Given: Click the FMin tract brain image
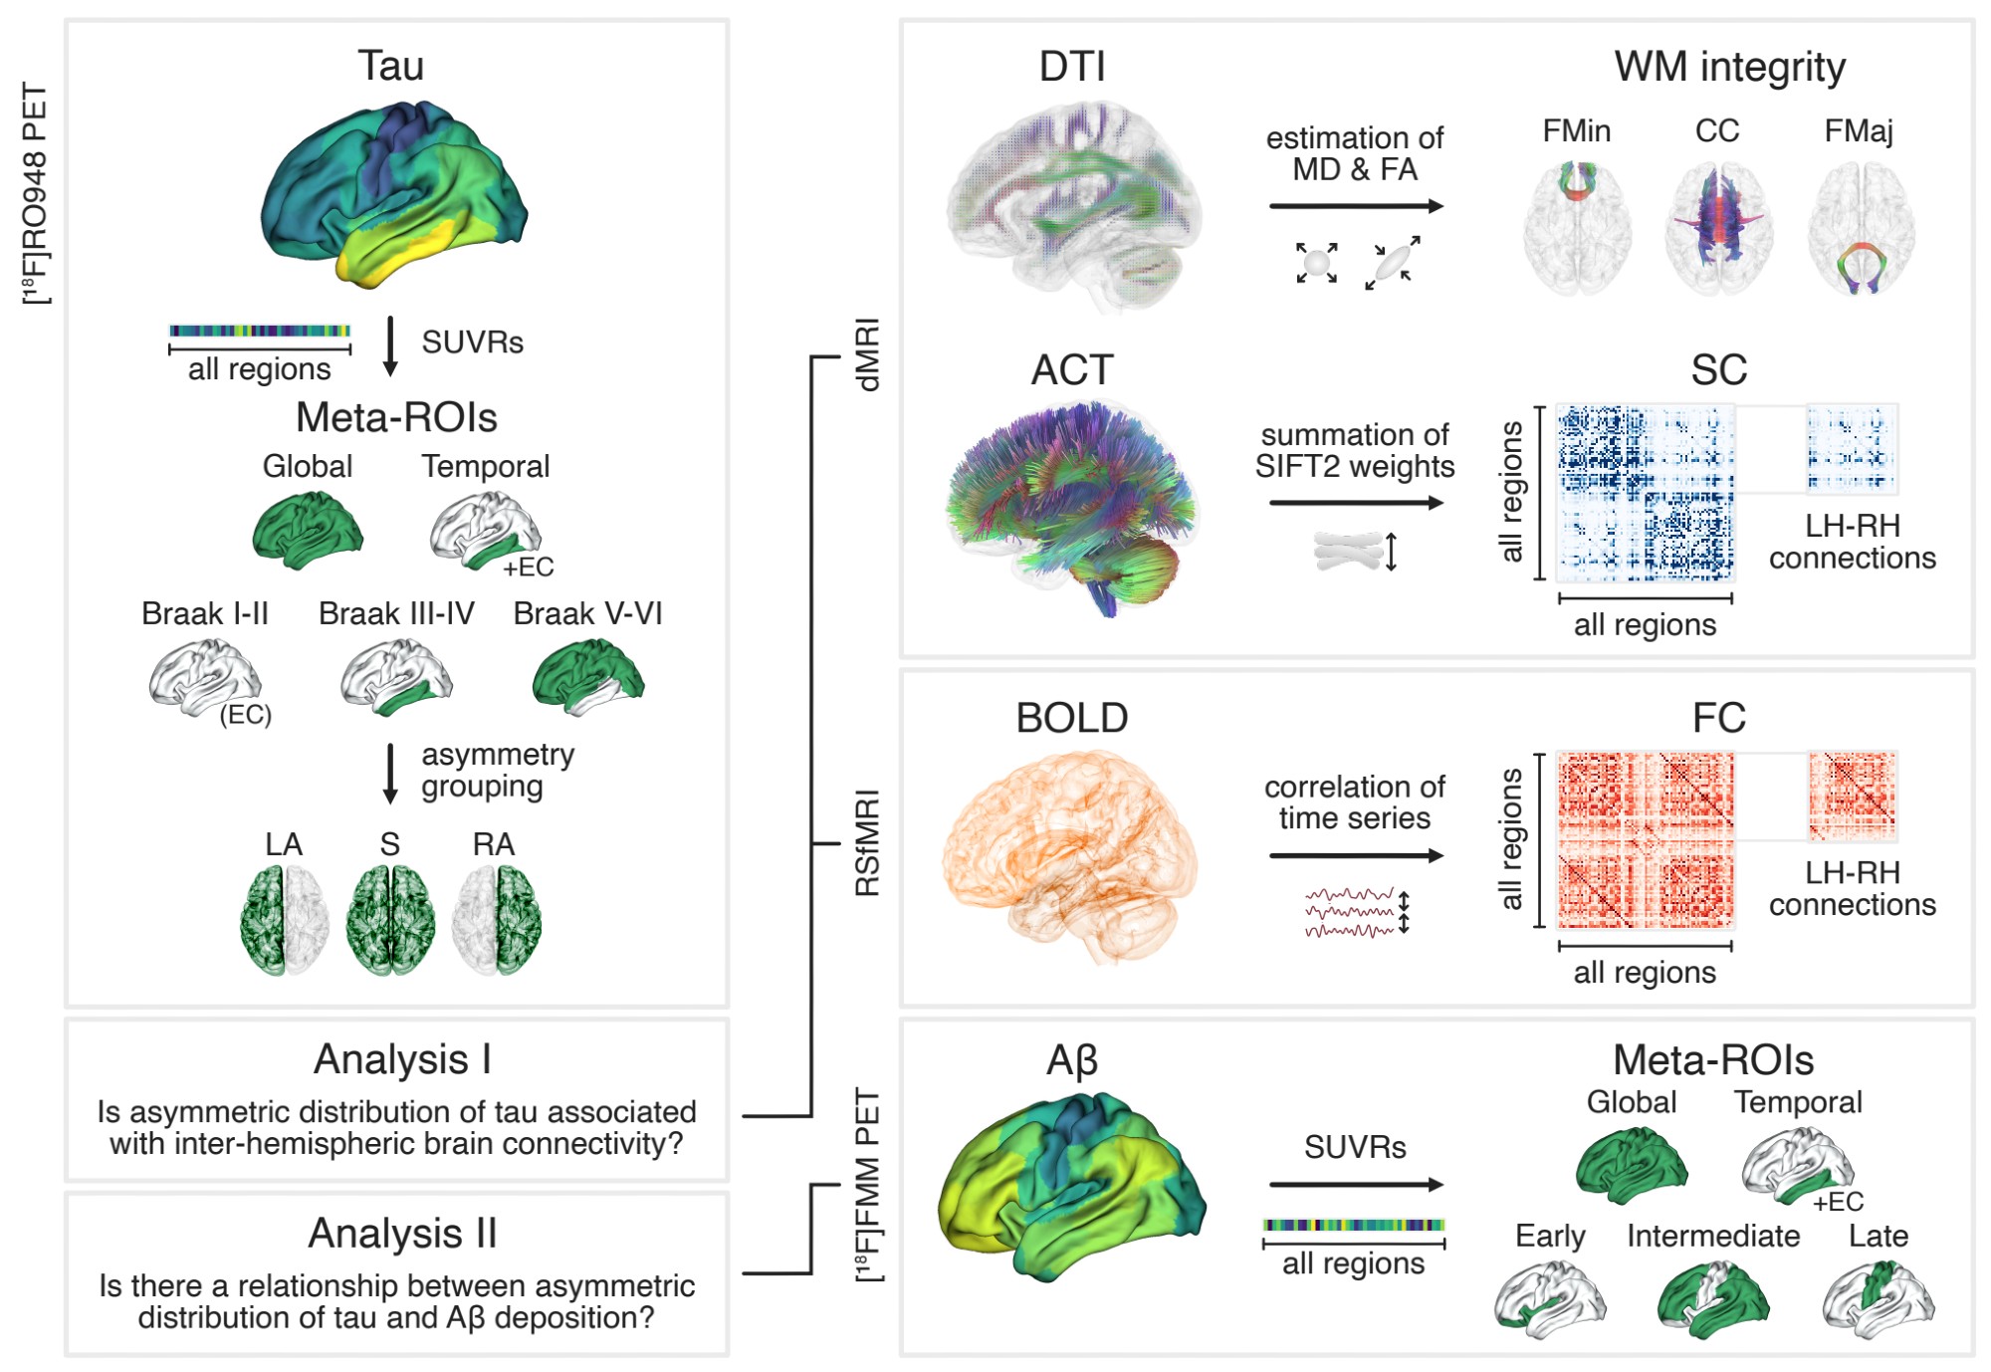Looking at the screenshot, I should [x=1577, y=230].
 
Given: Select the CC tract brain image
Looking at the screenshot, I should [x=1718, y=230].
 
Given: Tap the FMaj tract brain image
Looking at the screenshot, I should [x=1861, y=230].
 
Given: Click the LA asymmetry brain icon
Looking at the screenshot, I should [x=284, y=920].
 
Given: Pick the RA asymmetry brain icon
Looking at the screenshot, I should [x=496, y=920].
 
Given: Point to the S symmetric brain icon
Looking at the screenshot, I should [x=390, y=920].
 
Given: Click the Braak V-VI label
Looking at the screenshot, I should [x=587, y=613].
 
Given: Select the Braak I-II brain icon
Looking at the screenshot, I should [x=204, y=678].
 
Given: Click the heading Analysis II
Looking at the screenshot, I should [x=402, y=1234].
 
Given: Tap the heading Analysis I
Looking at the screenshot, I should [x=402, y=1059].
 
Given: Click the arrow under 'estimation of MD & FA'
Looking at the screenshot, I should [x=1356, y=206].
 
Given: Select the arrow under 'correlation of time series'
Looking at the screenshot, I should [x=1356, y=855].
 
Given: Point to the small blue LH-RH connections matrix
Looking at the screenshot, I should [x=1853, y=448].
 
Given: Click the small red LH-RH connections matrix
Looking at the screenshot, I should [x=1853, y=796].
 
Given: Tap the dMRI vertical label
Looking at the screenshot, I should [x=868, y=355].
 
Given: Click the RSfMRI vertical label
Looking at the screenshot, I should [x=868, y=843].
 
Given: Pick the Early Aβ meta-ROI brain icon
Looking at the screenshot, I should [x=1549, y=1299].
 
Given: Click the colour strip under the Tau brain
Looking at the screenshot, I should [x=260, y=331].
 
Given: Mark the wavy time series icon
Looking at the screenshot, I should [x=1350, y=913].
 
